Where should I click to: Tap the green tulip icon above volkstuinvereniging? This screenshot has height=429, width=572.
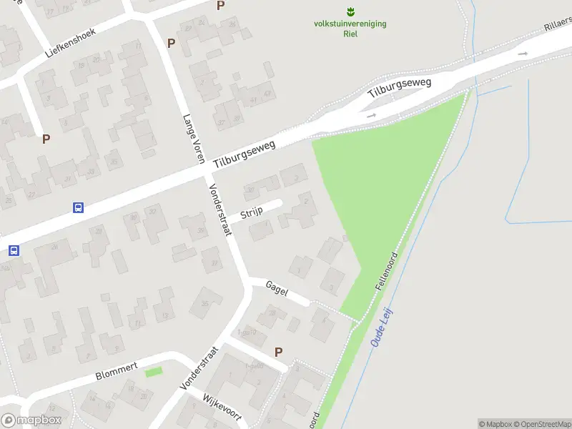pyautogui.click(x=350, y=11)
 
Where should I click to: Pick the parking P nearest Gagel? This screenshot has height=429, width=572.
pyautogui.click(x=278, y=352)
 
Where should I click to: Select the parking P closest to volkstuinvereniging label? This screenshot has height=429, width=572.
pyautogui.click(x=220, y=5)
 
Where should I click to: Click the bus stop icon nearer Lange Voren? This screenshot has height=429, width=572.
pyautogui.click(x=78, y=208)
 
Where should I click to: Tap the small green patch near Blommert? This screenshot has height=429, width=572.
pyautogui.click(x=154, y=373)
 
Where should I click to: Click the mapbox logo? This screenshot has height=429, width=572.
pyautogui.click(x=30, y=420)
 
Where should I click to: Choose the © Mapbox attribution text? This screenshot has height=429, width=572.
pyautogui.click(x=498, y=424)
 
